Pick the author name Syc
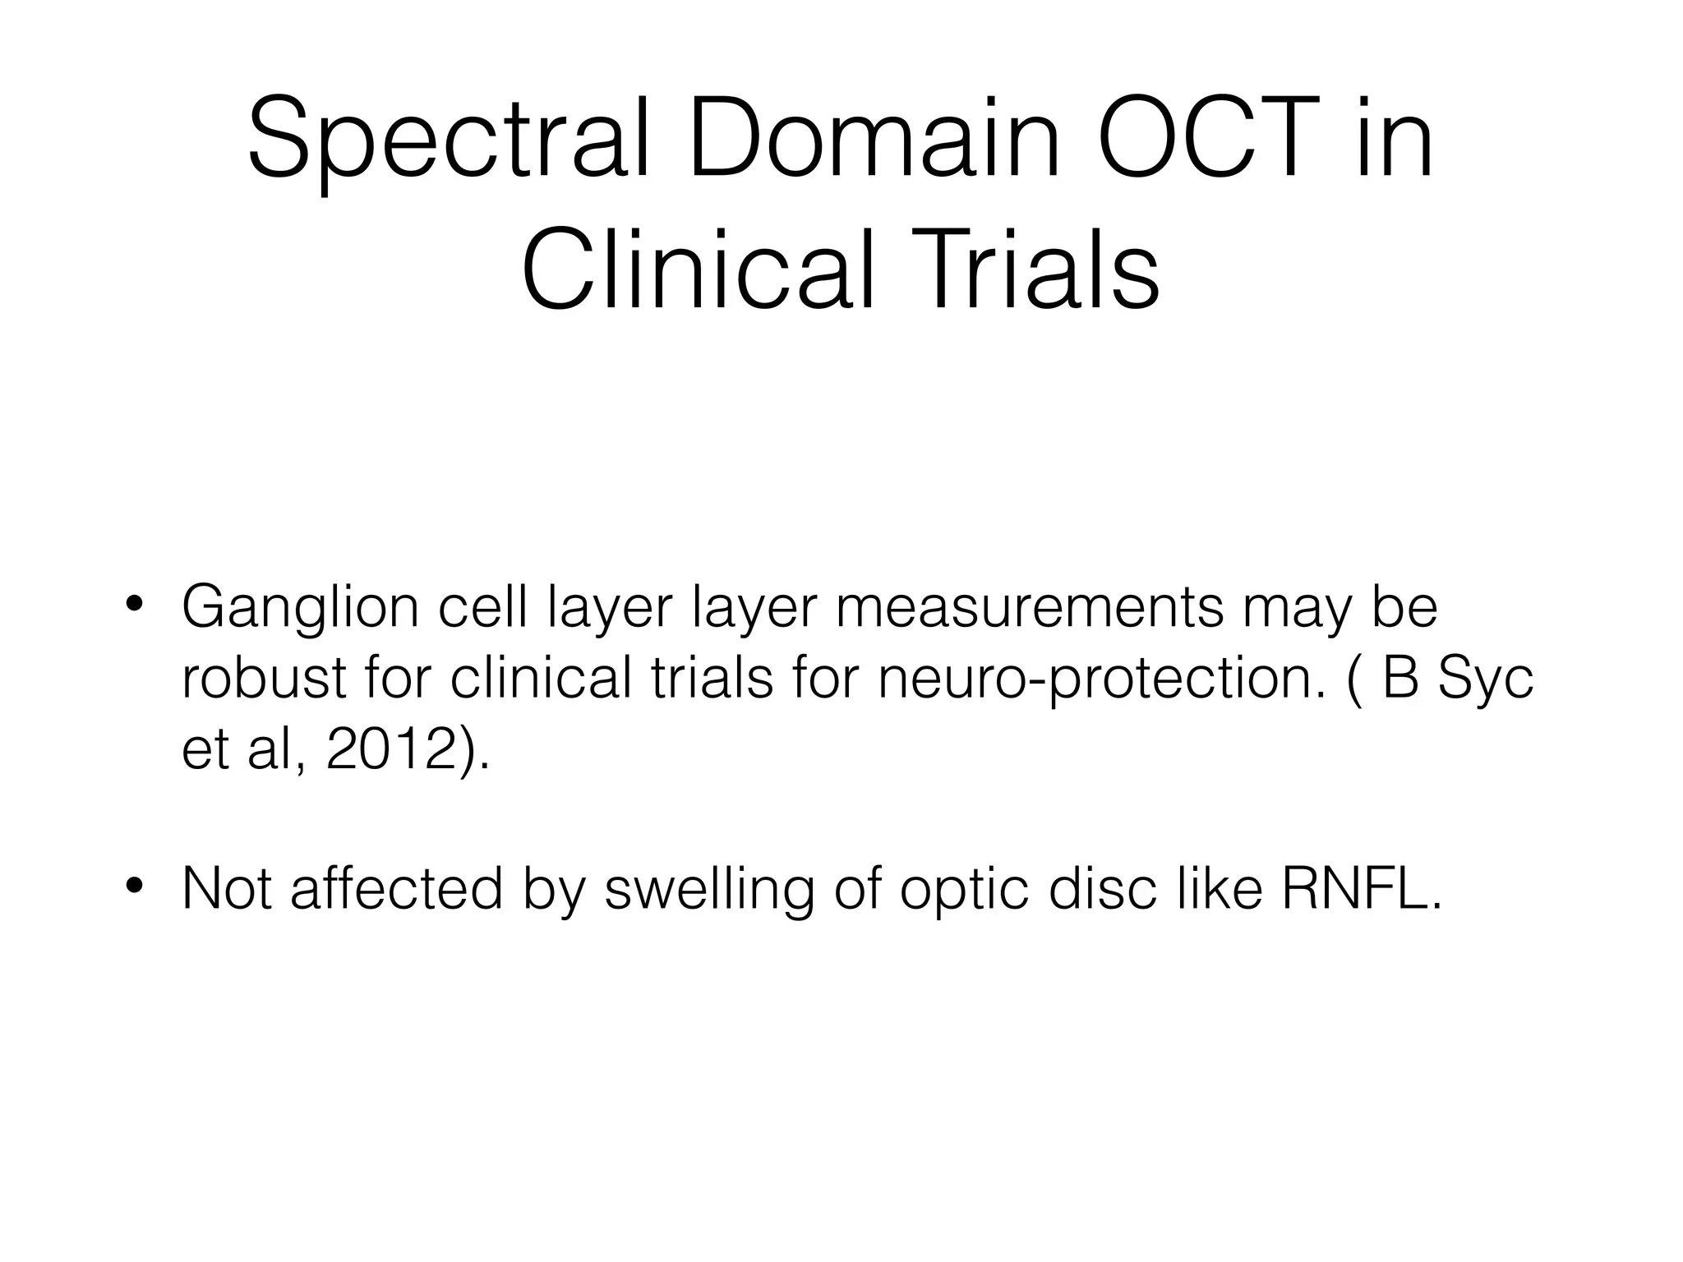(x=1487, y=680)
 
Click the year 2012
(x=390, y=750)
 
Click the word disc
(x=1101, y=888)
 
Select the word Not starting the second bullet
(x=227, y=888)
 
